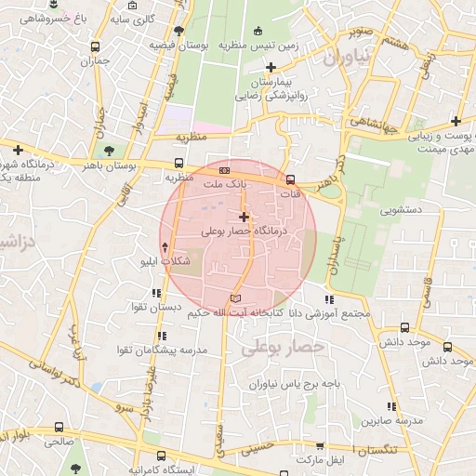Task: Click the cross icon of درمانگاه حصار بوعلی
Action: [x=244, y=216]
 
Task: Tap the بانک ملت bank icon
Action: [x=223, y=171]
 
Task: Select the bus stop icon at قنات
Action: [x=290, y=180]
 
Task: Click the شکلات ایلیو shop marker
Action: [x=165, y=247]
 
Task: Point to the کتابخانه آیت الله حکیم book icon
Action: [x=234, y=297]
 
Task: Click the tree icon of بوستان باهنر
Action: [x=112, y=149]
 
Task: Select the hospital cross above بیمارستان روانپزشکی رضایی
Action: [x=271, y=67]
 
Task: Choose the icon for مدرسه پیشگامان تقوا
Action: [x=162, y=335]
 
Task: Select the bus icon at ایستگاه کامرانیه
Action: [x=162, y=456]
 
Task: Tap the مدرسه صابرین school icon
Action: [x=391, y=407]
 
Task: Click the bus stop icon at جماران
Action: [x=95, y=46]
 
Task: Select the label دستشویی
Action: [x=401, y=210]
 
